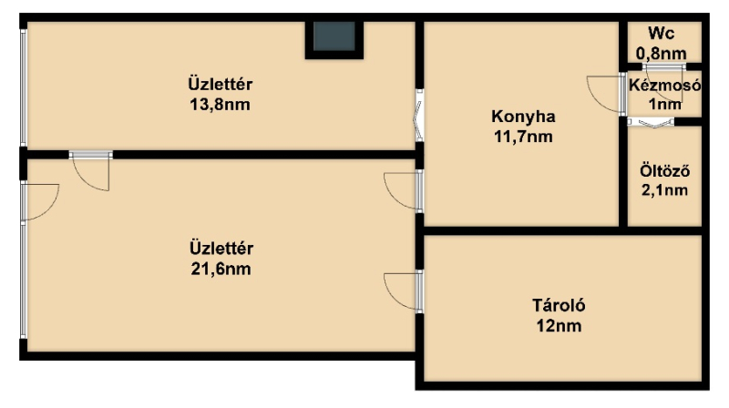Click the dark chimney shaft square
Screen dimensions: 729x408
tap(334, 36)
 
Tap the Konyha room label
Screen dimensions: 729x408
tap(523, 117)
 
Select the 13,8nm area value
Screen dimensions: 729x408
tap(220, 105)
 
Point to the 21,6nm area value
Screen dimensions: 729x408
tap(221, 269)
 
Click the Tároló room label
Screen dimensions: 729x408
tap(559, 305)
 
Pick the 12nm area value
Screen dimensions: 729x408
tap(559, 326)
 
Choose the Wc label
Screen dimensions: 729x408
tap(662, 34)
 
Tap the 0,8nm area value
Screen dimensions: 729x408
tap(662, 54)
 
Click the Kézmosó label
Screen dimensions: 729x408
tap(665, 86)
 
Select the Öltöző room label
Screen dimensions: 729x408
tap(665, 171)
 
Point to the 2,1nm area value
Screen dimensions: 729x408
tap(665, 190)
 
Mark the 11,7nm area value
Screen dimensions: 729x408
tap(523, 137)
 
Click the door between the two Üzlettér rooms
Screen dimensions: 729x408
tap(91, 170)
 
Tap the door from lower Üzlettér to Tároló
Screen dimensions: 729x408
tap(404, 291)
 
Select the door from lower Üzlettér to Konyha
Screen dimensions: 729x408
tap(404, 190)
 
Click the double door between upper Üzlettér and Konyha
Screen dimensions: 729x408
tap(418, 116)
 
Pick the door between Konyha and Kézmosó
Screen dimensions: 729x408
tap(606, 94)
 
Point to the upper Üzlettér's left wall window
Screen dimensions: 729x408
tap(24, 87)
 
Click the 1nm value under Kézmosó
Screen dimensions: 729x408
tap(665, 104)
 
